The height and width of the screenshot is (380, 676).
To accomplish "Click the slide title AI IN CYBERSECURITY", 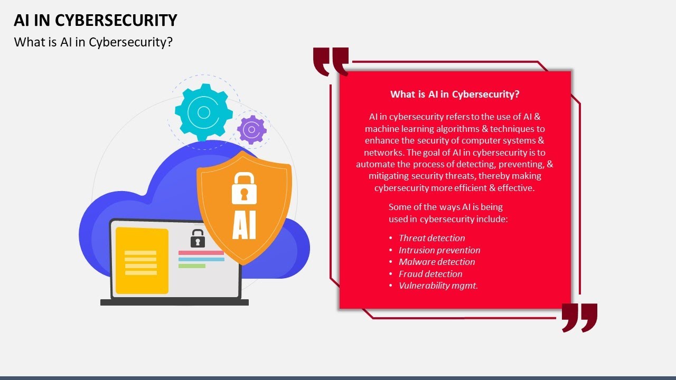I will [95, 20].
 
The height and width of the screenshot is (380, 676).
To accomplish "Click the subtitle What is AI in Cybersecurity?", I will [93, 42].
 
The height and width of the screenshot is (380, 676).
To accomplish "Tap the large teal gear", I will [203, 112].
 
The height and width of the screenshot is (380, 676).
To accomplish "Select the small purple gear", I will [252, 129].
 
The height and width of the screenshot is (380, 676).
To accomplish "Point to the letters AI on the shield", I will [244, 226].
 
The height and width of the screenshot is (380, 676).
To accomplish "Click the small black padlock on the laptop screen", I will [198, 239].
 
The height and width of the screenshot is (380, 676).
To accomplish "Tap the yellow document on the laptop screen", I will [142, 260].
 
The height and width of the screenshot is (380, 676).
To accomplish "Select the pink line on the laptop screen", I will [201, 253].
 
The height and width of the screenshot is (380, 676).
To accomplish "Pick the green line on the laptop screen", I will [192, 266].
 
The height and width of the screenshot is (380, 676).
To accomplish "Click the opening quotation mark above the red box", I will [331, 61].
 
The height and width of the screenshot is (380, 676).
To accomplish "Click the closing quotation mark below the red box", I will [579, 317].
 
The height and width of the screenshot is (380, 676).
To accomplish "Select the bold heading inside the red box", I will [455, 94].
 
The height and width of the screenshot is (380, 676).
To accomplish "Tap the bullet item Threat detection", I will [431, 238].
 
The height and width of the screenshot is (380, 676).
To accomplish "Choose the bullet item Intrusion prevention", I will [439, 250].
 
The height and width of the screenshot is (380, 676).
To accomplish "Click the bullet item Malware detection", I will [437, 262].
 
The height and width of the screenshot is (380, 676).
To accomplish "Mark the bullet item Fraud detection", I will [430, 274].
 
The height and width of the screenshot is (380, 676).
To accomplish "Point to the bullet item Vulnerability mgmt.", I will [438, 286].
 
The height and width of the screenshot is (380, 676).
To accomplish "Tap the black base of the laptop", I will [174, 302].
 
